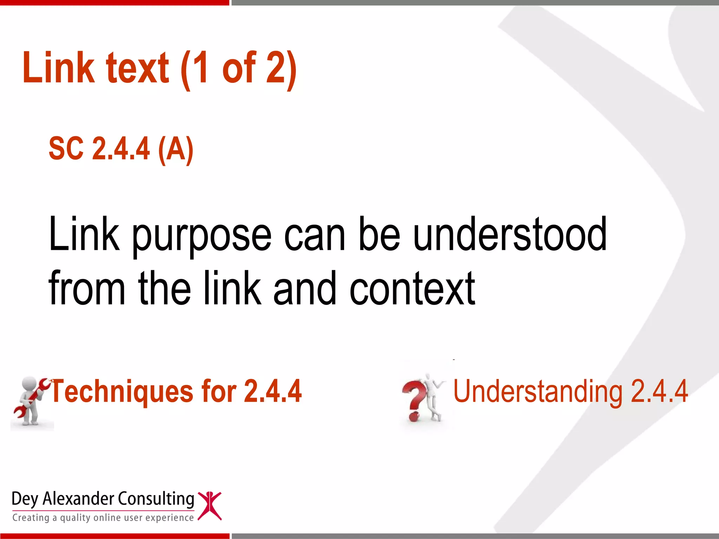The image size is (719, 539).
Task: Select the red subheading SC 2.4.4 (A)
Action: pos(121,149)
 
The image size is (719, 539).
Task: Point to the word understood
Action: pos(510,234)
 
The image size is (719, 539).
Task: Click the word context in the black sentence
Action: pos(412,288)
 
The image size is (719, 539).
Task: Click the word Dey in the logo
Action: pos(25,499)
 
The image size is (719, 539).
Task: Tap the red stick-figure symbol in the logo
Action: pos(210,506)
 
